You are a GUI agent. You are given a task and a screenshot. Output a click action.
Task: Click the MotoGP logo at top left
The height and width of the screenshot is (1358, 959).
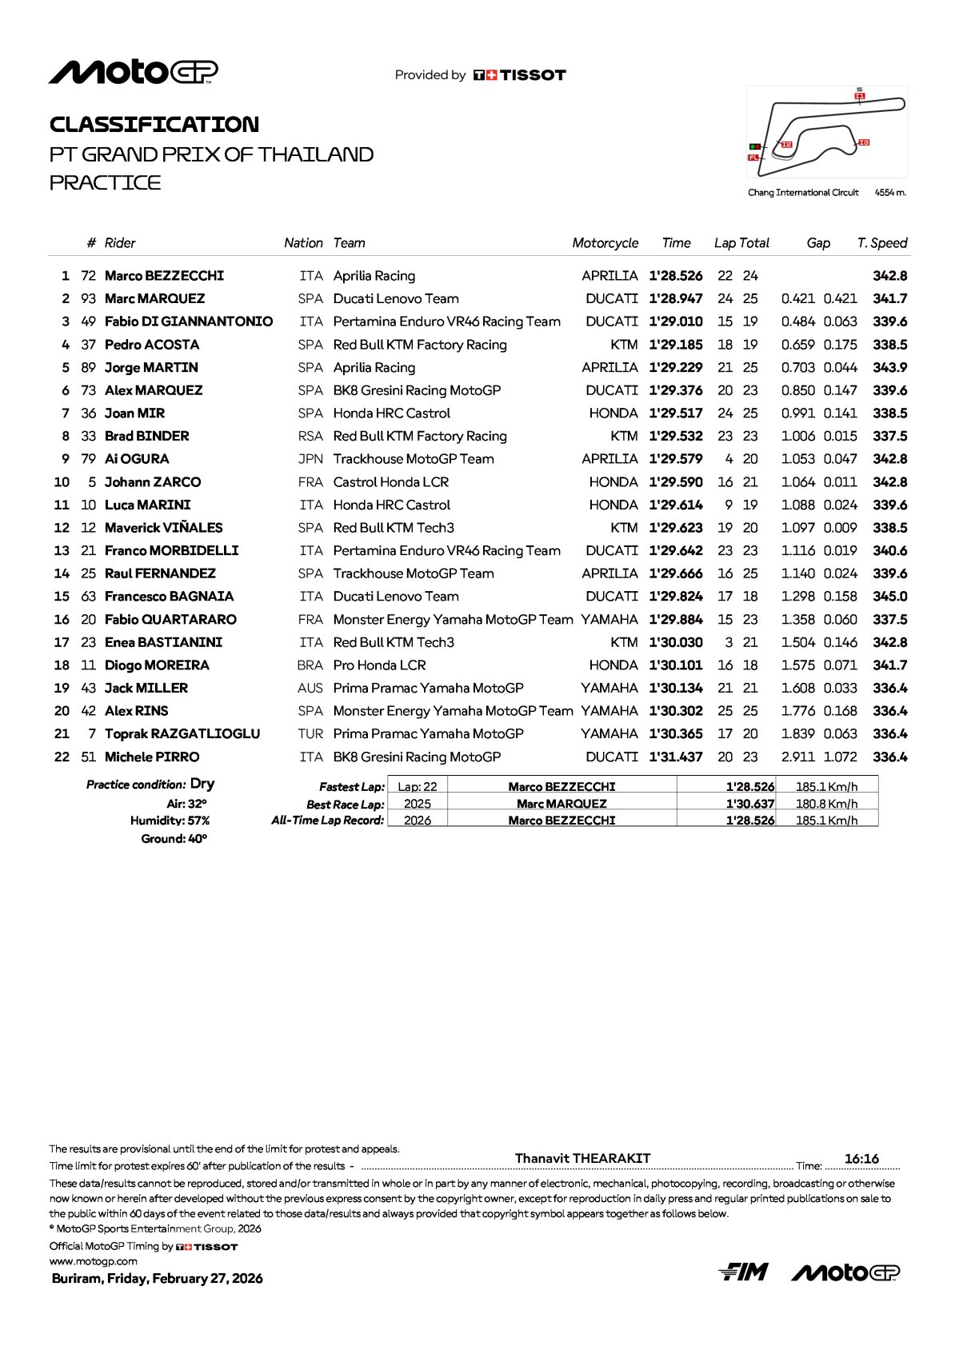tap(133, 72)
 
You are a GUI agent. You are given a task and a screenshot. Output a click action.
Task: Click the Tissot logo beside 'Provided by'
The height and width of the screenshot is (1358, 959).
tap(520, 75)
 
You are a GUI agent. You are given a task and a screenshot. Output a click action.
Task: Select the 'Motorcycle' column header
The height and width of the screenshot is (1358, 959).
tap(605, 243)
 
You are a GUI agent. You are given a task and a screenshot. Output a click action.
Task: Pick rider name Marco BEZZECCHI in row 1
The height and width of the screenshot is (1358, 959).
tap(164, 276)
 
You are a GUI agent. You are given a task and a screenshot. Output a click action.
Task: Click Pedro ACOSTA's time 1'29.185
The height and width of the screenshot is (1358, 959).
tap(675, 345)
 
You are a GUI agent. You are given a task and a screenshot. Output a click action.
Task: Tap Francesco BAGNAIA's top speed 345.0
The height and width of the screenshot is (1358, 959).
tap(889, 597)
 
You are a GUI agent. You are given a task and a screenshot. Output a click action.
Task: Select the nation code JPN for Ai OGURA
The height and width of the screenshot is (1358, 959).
tap(310, 459)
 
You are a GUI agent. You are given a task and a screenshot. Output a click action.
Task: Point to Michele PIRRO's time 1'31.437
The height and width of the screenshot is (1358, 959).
tap(675, 757)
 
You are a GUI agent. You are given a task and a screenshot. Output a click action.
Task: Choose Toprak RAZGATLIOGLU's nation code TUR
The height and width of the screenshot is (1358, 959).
tap(310, 734)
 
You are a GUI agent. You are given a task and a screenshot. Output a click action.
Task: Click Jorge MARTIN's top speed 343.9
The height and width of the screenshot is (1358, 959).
tap(889, 368)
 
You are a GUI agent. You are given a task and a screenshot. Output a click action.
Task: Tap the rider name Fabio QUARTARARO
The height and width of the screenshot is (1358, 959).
tap(170, 620)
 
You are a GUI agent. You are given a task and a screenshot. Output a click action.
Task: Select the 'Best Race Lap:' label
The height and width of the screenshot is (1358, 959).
tap(345, 805)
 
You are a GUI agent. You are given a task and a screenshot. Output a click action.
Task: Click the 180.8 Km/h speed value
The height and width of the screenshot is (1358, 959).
tap(826, 804)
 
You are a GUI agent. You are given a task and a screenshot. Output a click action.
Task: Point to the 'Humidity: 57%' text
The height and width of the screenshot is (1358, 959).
tap(170, 821)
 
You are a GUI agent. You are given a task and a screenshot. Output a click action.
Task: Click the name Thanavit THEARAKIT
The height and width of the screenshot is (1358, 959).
tap(582, 1158)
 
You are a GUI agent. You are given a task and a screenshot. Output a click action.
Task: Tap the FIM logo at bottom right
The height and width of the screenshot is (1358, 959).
tap(743, 1272)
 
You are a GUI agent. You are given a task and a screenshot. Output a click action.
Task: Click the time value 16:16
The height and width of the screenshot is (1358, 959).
tap(861, 1159)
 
